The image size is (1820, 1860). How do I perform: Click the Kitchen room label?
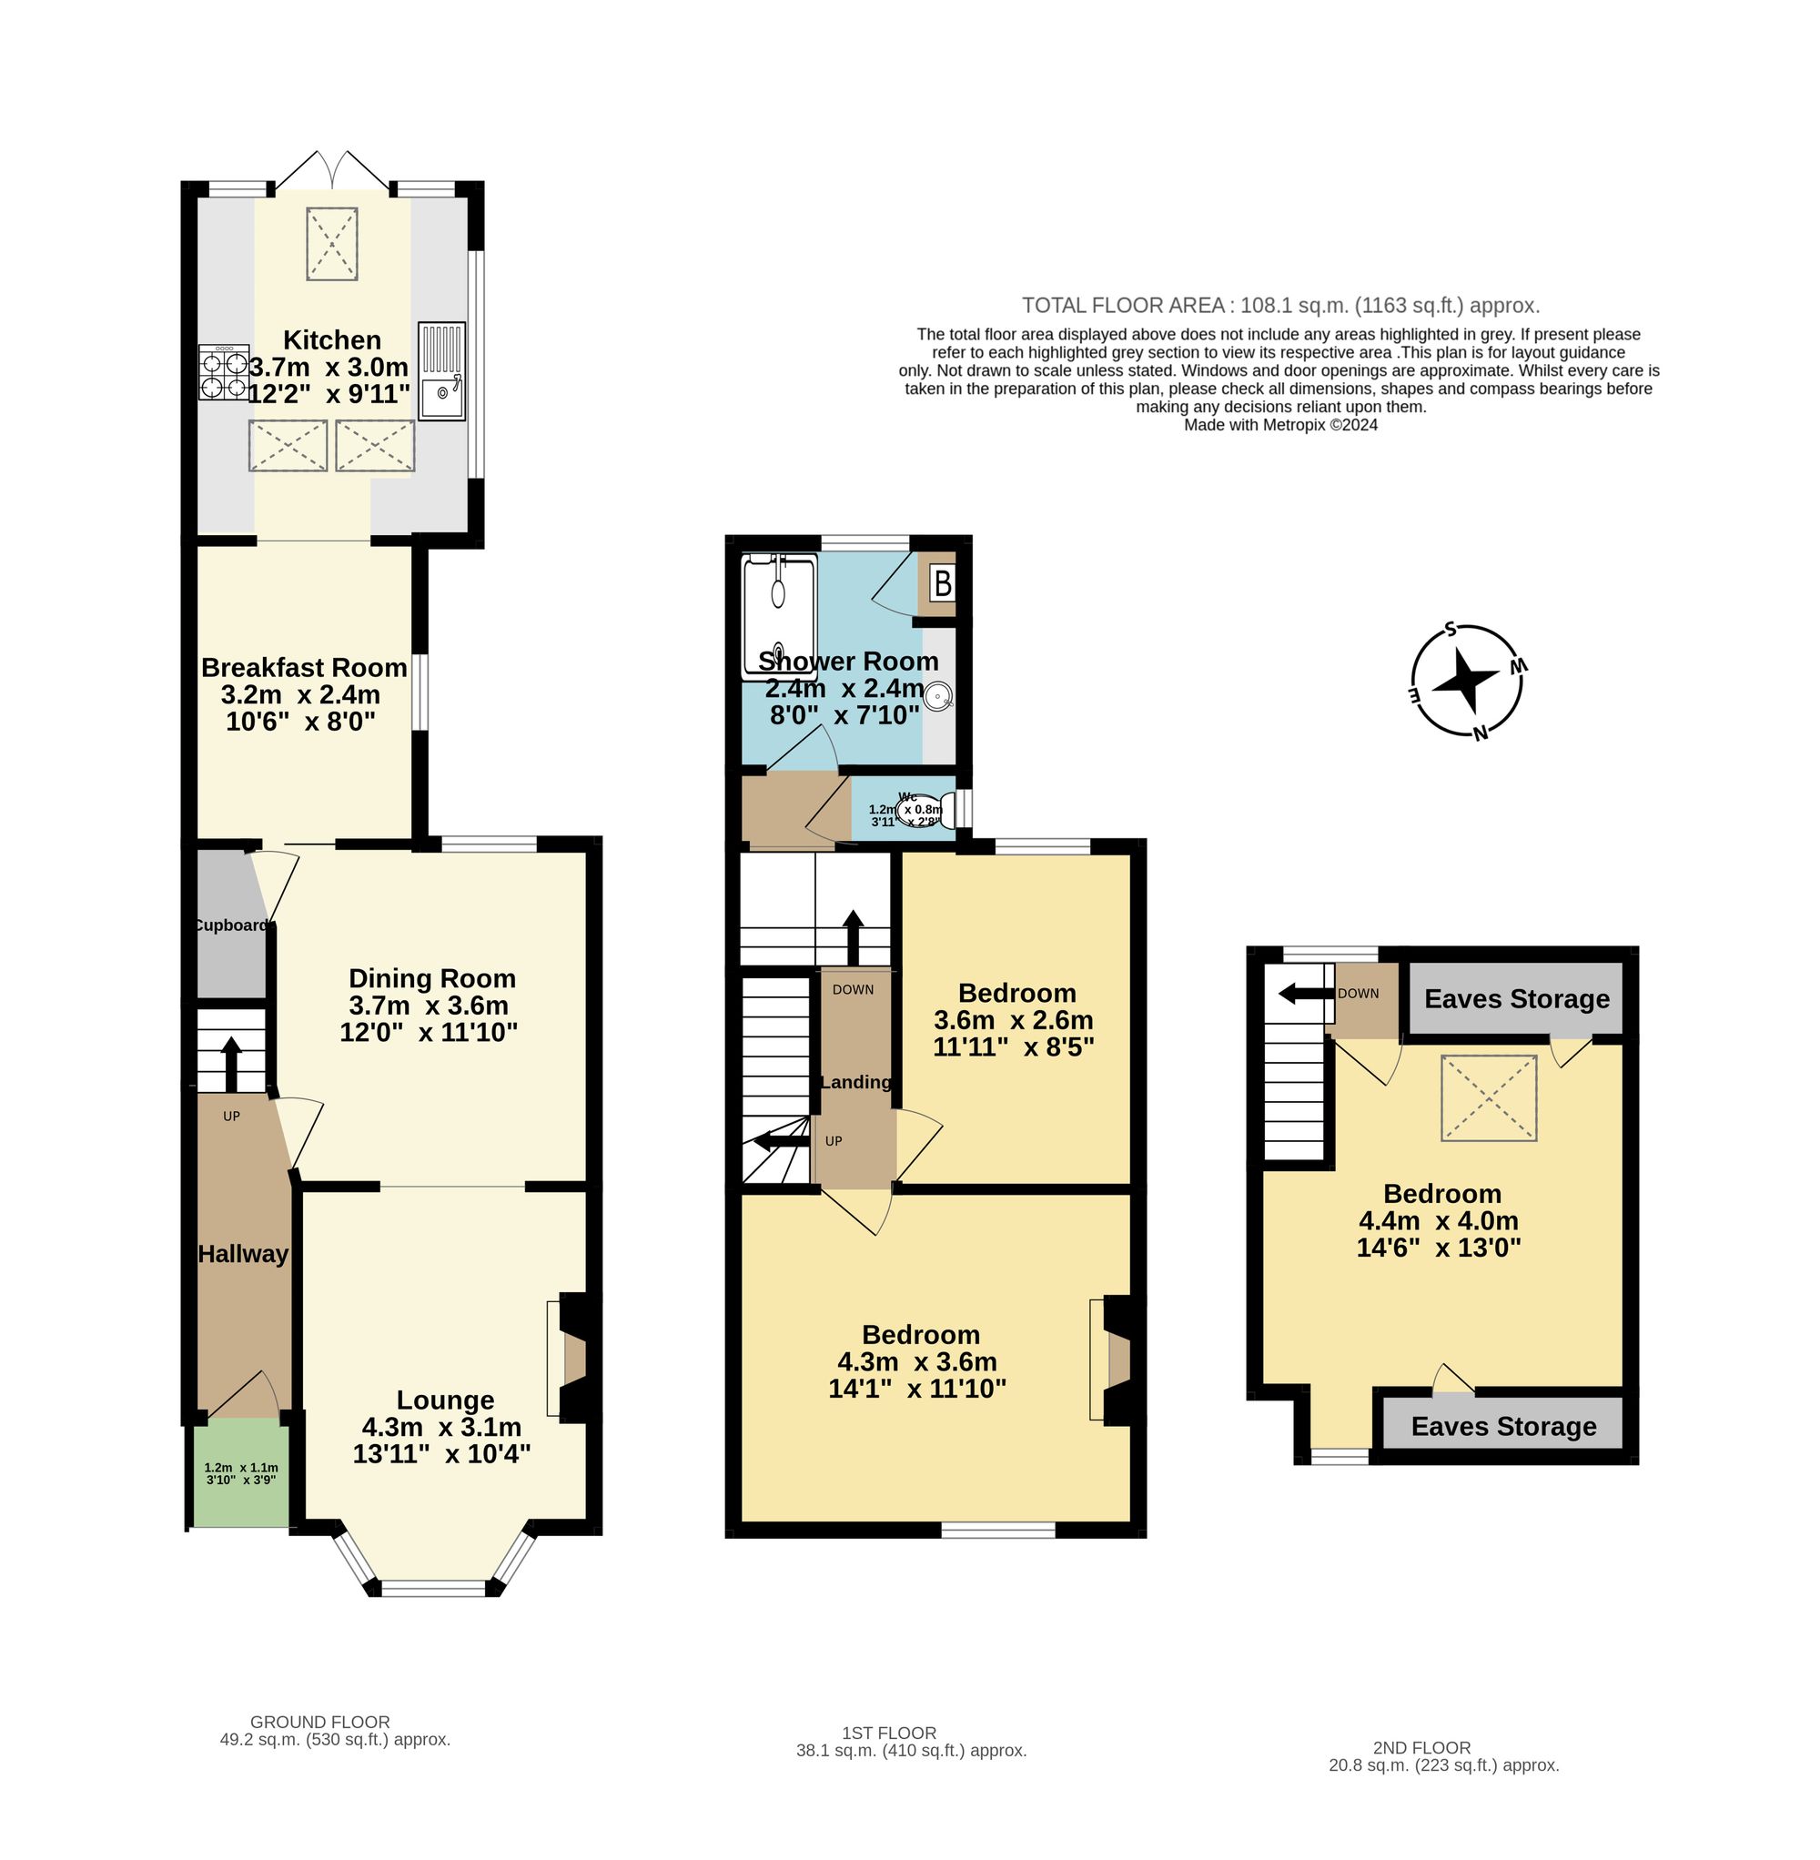331,340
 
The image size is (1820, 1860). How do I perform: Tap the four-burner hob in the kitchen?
224,373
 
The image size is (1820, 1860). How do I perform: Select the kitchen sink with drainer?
441,372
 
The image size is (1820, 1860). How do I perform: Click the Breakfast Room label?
304,667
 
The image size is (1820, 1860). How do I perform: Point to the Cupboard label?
231,925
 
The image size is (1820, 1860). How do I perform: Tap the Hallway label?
243,1254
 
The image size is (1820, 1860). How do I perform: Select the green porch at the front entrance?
241,1473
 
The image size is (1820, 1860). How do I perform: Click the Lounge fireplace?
573,1359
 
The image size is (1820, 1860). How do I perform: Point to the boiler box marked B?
943,582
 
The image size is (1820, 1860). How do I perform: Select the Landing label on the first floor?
855,1082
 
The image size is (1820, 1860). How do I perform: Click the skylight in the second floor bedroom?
1489,1097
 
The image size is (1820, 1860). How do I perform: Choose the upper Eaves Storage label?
1517,999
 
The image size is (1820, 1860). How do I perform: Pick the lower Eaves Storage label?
1503,1426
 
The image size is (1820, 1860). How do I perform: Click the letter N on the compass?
1480,734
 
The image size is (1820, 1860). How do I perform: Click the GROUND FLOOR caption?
320,1722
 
